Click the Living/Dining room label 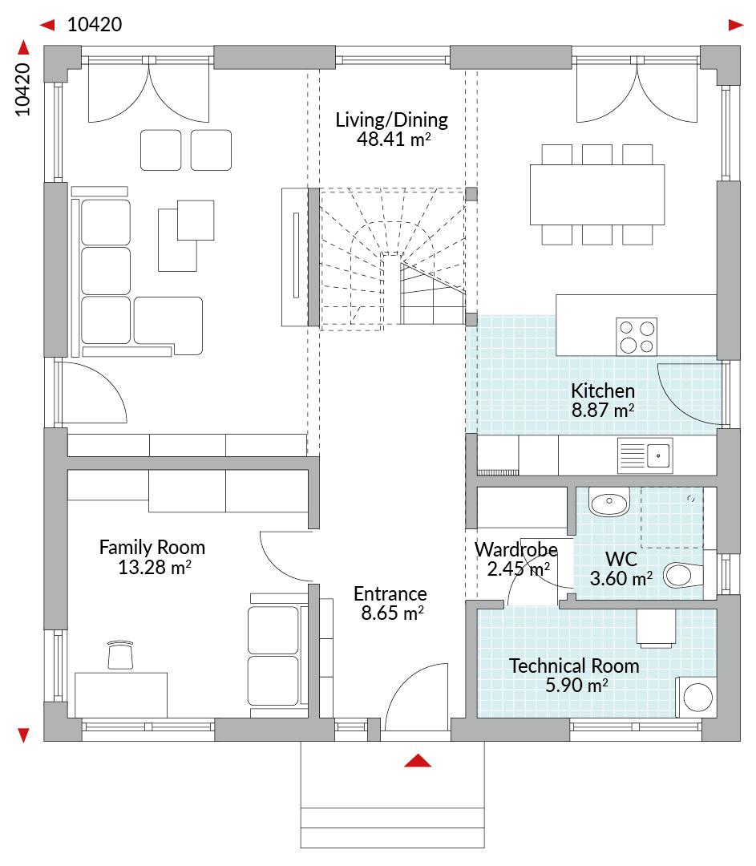click(x=391, y=119)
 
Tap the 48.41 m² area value click(x=393, y=139)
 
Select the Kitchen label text click(x=603, y=391)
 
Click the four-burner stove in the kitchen click(x=637, y=336)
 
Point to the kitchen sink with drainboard click(x=645, y=455)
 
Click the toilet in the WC click(x=683, y=575)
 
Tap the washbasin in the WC click(x=608, y=502)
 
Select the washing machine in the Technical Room click(x=697, y=697)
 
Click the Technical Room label click(x=574, y=666)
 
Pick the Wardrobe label click(x=515, y=549)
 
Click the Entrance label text click(x=390, y=593)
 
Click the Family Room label click(x=152, y=548)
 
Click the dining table click(x=597, y=194)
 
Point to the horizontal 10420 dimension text click(x=95, y=24)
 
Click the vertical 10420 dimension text click(x=22, y=90)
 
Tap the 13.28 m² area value click(x=155, y=567)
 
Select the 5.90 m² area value click(x=576, y=686)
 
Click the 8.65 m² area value click(x=393, y=613)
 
